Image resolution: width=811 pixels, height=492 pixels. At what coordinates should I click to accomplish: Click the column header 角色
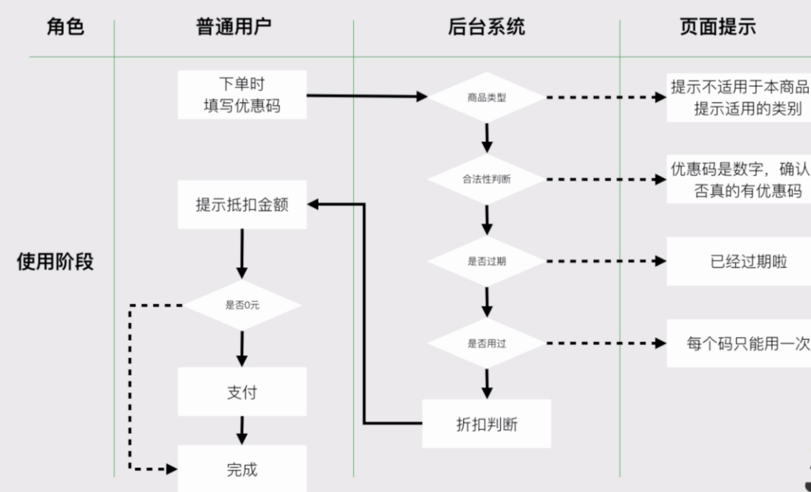point(65,27)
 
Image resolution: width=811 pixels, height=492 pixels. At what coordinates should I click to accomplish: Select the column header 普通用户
point(233,27)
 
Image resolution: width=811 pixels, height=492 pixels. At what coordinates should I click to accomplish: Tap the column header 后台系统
point(486,27)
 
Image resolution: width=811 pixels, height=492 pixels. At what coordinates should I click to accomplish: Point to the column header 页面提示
point(717,27)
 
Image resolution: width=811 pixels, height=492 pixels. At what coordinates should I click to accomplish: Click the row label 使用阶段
point(55,262)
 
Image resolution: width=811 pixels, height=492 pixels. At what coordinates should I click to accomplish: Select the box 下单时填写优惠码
point(242,95)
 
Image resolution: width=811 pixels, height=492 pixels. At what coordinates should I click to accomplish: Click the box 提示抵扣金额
point(242,205)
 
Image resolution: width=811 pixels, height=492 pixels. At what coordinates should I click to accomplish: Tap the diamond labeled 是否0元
point(242,305)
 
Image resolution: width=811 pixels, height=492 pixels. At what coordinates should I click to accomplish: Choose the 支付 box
point(242,392)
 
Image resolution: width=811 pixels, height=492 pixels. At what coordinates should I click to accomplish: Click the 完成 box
point(242,468)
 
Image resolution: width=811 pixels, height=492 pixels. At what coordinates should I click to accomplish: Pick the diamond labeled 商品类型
point(486,97)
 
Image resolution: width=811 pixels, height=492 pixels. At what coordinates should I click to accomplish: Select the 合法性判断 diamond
point(486,179)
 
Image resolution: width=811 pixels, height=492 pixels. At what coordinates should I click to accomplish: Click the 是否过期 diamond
point(486,262)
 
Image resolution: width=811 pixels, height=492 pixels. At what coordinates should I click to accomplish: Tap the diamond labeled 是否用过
point(486,343)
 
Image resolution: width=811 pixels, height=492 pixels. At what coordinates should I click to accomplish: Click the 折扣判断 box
point(486,424)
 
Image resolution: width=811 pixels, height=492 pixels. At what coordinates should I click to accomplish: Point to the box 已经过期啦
point(739,262)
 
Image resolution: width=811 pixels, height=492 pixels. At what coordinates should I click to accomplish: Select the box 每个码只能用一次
point(739,343)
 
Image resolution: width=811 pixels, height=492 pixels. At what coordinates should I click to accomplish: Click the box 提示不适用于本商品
point(739,97)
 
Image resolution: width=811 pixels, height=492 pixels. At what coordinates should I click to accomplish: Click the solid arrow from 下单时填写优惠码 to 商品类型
point(366,96)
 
